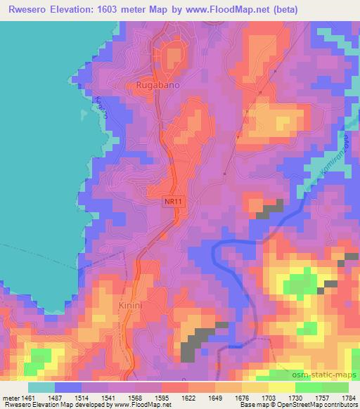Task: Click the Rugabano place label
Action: [x=157, y=85]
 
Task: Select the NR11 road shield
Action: [x=173, y=202]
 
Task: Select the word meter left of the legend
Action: [x=8, y=398]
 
